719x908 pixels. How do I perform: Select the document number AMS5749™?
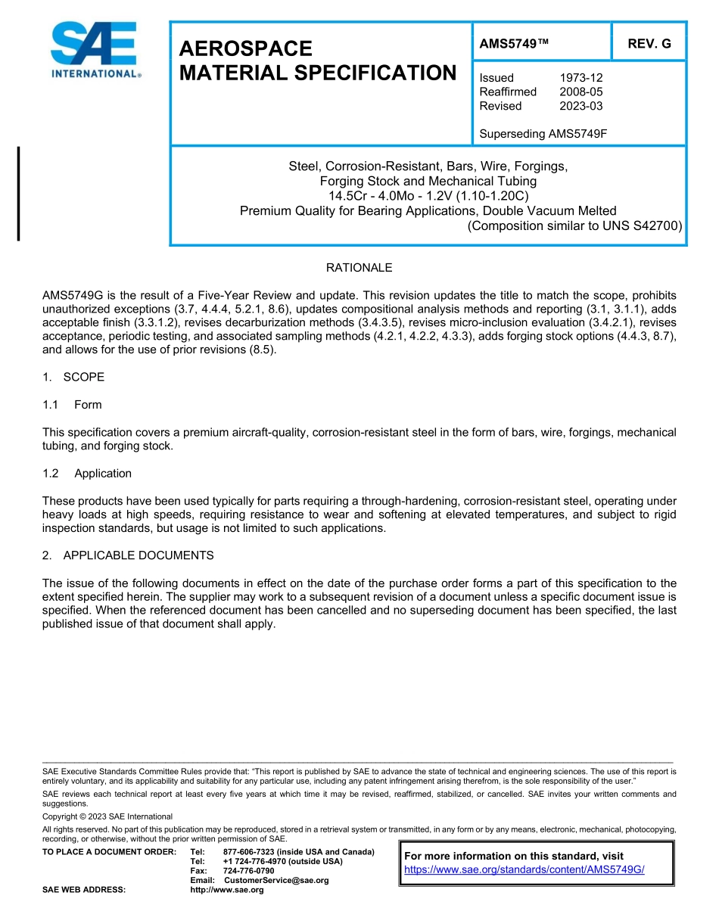513,44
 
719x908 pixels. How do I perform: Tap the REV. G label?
649,44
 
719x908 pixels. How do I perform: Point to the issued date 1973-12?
581,78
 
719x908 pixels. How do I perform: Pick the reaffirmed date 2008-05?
581,92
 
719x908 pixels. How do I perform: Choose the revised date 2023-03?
581,106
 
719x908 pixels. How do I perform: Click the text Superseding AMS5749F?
543,134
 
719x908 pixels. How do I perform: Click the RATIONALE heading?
359,268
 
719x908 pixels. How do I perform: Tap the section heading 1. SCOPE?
73,377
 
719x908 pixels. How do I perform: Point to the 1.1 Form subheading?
73,405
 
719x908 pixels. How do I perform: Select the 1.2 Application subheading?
87,474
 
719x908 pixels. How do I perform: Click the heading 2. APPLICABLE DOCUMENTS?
128,555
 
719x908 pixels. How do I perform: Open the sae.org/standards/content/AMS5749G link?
524,870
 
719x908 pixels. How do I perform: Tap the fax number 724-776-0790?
249,871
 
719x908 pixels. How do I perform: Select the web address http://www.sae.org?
227,890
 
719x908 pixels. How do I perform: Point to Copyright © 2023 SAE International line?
107,816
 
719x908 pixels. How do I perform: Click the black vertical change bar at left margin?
18,194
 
